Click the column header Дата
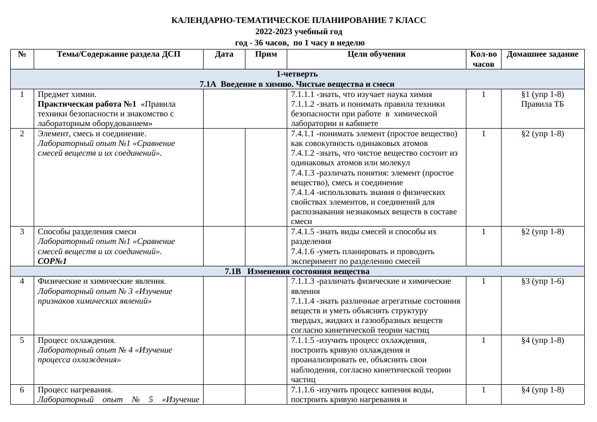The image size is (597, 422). [224, 55]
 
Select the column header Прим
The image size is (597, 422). [266, 55]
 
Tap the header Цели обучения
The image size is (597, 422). [376, 55]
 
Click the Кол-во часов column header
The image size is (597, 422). [483, 59]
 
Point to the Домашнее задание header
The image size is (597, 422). [542, 55]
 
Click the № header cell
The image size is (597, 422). [22, 55]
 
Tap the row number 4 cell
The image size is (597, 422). [22, 281]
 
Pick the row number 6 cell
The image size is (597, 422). [22, 390]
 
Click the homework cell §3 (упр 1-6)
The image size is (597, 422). [542, 281]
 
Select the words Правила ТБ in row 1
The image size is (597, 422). [542, 104]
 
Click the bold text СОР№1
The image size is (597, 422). [52, 261]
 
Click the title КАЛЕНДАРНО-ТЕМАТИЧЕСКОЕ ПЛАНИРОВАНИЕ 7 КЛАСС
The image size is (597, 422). [298, 20]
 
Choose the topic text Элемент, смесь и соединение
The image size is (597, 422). [92, 134]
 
